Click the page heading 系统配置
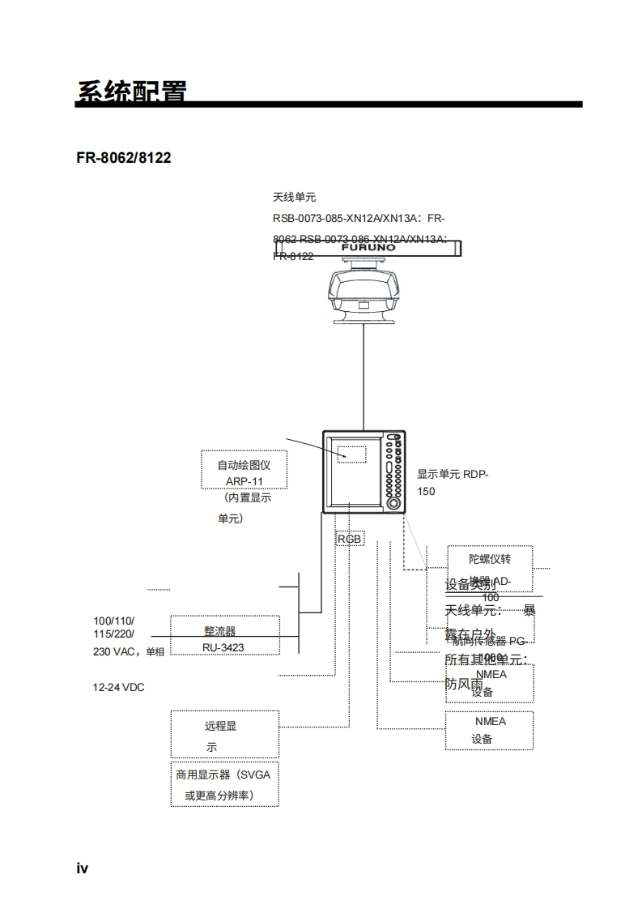132,92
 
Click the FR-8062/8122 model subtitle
124,157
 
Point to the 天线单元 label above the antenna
294,197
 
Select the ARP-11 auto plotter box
244,471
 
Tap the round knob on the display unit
393,502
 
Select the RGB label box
350,538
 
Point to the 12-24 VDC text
118,687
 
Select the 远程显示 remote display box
224,734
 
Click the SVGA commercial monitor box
224,784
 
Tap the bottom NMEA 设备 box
489,729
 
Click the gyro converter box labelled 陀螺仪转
489,568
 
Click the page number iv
83,868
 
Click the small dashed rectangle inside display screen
352,451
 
